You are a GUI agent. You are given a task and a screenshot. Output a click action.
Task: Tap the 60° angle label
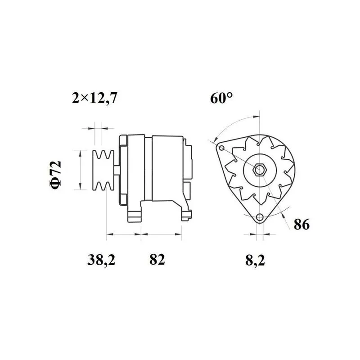coord(222,98)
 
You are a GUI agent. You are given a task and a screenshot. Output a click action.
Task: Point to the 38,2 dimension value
coord(101,260)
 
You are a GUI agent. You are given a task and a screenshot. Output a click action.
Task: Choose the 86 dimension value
coord(301,224)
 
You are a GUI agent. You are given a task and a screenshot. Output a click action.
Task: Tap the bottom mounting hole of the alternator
coord(260,218)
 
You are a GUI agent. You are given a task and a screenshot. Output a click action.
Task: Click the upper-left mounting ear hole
coord(221,147)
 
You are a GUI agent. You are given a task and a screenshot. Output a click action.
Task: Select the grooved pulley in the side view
coord(102,170)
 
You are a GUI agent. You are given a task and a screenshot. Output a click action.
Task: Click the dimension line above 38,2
coord(124,234)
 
